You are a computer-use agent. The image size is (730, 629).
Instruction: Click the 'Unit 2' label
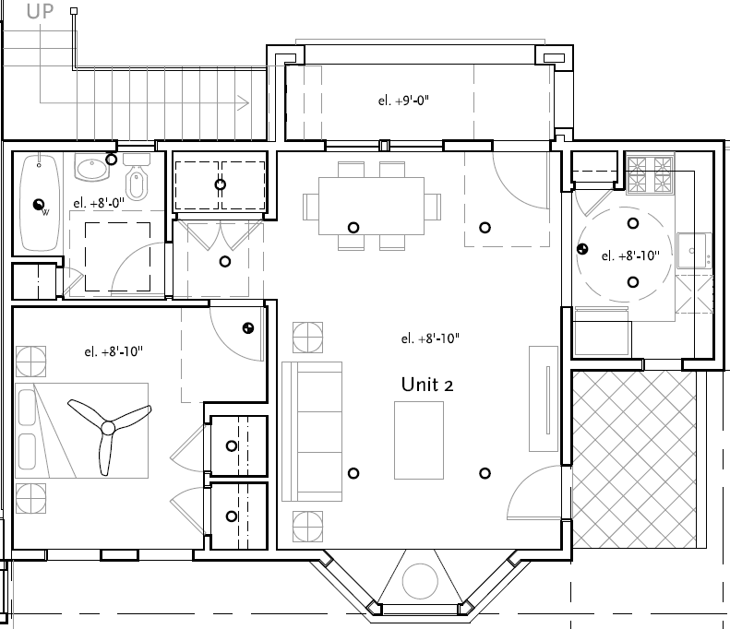(x=426, y=385)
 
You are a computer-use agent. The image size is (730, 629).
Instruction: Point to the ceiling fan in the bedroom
(x=108, y=428)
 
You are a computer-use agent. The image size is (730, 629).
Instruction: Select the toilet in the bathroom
(x=137, y=183)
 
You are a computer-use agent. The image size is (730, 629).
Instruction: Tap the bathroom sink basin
(x=91, y=169)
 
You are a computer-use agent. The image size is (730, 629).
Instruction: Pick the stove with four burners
(x=651, y=174)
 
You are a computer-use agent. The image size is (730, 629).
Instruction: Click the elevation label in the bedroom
(x=113, y=350)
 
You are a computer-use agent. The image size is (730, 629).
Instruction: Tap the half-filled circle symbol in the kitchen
(x=582, y=248)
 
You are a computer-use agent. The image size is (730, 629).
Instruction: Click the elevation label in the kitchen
(x=630, y=256)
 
